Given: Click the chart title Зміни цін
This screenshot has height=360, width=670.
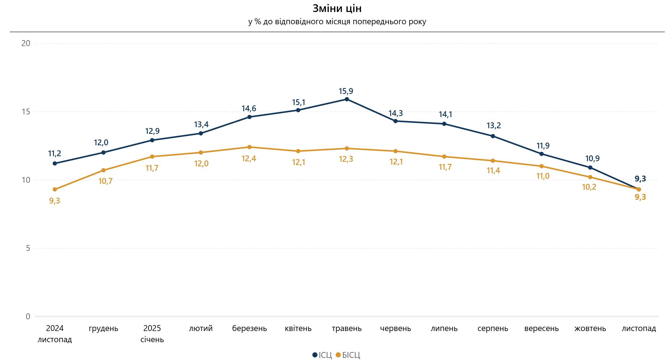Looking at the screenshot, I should [x=337, y=9].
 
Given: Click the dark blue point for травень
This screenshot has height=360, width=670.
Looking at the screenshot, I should [x=347, y=99].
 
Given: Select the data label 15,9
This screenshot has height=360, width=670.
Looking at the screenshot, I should [x=346, y=91].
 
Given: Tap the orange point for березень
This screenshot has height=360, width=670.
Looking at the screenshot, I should [x=249, y=147].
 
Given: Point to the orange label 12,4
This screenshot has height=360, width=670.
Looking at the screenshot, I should [x=249, y=159].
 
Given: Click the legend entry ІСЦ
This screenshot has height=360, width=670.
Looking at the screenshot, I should [x=322, y=355].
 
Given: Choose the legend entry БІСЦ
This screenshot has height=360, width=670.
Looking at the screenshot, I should [x=348, y=355].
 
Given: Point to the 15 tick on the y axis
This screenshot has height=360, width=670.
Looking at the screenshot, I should [x=26, y=112].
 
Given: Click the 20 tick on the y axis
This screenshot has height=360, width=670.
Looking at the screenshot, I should [x=26, y=43].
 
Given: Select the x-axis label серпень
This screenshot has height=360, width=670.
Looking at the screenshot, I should [x=493, y=328].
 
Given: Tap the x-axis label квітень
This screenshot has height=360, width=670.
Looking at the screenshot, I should [x=298, y=328].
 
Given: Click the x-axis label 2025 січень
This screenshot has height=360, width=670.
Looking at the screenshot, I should [x=152, y=334].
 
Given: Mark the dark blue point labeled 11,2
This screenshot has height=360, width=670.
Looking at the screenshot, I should [x=55, y=163].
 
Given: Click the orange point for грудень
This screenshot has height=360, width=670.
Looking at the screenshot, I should [x=104, y=170].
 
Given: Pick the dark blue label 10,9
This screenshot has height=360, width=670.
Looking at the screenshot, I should [x=592, y=159].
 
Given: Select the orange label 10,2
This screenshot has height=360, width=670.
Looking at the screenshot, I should [x=589, y=187].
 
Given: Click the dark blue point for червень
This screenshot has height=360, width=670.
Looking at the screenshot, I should [x=396, y=121].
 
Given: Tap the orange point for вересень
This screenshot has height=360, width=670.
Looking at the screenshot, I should [x=541, y=166].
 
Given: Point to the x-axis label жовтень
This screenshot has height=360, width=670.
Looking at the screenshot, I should [x=590, y=328].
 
